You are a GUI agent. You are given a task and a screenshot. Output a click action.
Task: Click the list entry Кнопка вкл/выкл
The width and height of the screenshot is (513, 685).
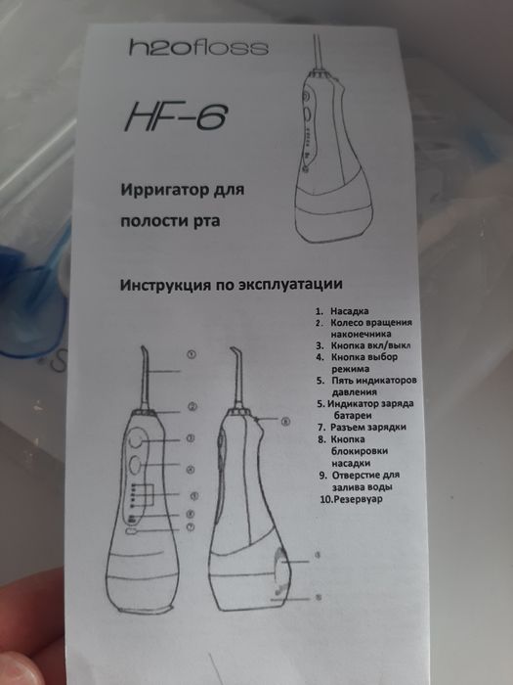coord(375,345)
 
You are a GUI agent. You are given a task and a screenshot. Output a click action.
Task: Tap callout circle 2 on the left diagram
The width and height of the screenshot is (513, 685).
coord(193,407)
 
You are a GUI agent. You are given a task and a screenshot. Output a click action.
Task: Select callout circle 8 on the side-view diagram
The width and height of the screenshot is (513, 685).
coord(286,422)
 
